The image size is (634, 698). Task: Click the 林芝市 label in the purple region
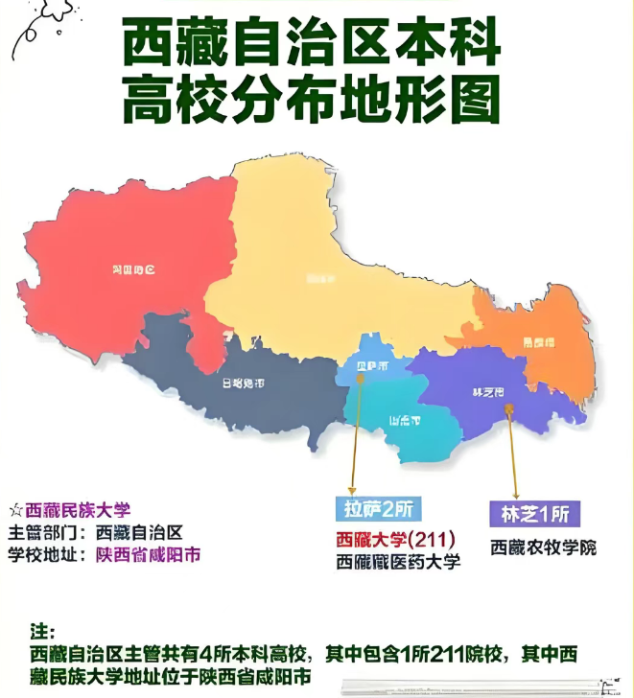click(x=490, y=393)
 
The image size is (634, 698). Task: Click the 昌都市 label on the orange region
click(x=537, y=340)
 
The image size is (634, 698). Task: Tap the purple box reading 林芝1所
click(x=535, y=514)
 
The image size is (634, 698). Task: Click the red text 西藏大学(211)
click(x=394, y=539)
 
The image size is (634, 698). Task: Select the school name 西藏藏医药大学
click(x=398, y=563)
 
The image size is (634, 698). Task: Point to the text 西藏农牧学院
click(x=543, y=548)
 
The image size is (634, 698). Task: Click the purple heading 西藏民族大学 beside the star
click(x=78, y=510)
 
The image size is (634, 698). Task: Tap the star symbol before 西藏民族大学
click(x=14, y=510)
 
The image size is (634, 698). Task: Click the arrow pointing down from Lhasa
click(x=358, y=431)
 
